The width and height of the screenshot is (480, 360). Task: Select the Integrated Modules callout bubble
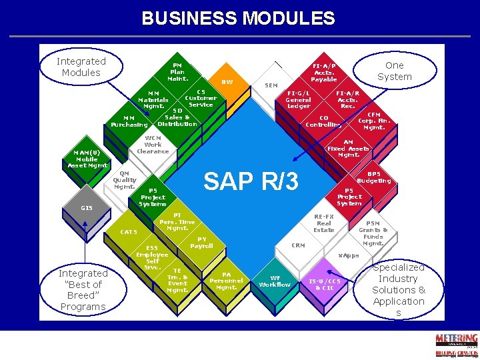coord(81,67)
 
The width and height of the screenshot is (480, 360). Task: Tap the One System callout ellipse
coord(394,71)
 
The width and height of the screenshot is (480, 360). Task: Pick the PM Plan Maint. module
coord(177,71)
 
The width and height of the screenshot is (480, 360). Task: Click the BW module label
coord(227,82)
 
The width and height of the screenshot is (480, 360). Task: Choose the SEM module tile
coord(271,85)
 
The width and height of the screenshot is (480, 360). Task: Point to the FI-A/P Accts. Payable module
coord(324,72)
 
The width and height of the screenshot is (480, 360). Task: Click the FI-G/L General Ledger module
coord(298,99)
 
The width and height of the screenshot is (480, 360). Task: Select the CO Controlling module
coord(324,121)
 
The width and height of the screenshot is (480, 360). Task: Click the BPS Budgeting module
coord(374,177)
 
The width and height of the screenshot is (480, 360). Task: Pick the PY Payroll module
coord(201,243)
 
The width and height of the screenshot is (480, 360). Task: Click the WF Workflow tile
coord(275,281)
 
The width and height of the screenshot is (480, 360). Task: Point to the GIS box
coord(87,208)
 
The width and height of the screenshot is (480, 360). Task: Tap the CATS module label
coord(129,232)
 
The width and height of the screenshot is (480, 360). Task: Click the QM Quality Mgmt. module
coord(124,179)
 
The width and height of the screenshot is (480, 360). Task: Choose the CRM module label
coord(298,245)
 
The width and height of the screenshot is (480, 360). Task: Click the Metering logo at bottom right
coord(456,344)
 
